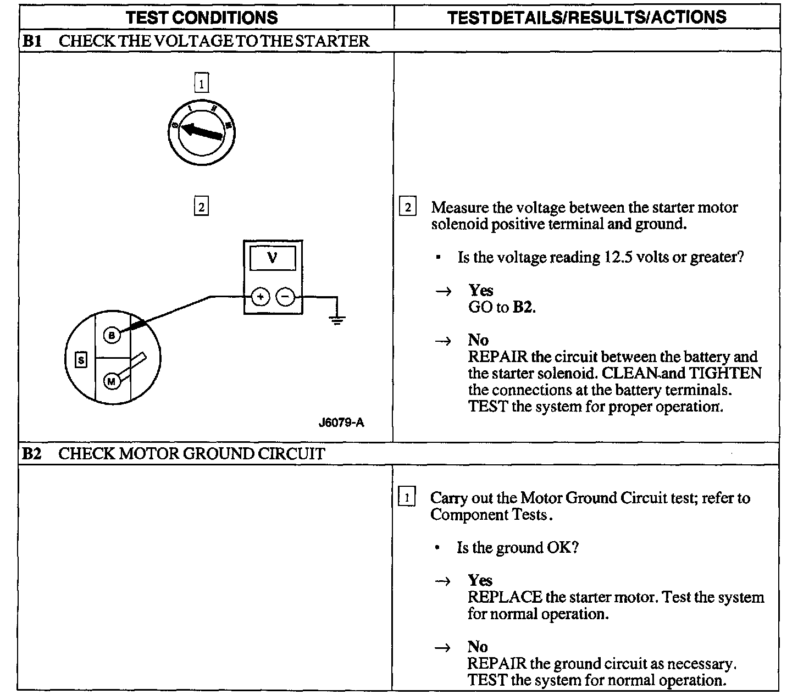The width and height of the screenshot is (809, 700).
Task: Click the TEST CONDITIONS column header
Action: point(202,18)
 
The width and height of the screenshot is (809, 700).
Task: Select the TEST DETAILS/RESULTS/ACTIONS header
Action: point(586,18)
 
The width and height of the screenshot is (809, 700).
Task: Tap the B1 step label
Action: point(32,41)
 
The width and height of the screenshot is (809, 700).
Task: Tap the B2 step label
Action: point(32,454)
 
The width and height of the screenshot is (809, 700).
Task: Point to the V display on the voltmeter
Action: point(273,258)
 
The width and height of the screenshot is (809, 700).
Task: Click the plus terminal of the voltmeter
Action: point(260,297)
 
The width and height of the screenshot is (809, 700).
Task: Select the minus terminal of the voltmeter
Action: point(285,297)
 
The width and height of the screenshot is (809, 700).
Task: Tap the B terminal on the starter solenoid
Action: point(112,335)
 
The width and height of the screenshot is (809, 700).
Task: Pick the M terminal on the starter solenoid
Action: point(112,381)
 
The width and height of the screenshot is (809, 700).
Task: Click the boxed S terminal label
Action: point(81,360)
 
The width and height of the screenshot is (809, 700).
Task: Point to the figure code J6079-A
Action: point(341,423)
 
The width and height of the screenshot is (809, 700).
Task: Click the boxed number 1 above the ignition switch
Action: point(202,84)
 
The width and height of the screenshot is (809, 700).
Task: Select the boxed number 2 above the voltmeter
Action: point(202,207)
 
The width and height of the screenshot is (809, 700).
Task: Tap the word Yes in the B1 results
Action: point(481,290)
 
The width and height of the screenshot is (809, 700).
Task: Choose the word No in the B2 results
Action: point(478,647)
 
